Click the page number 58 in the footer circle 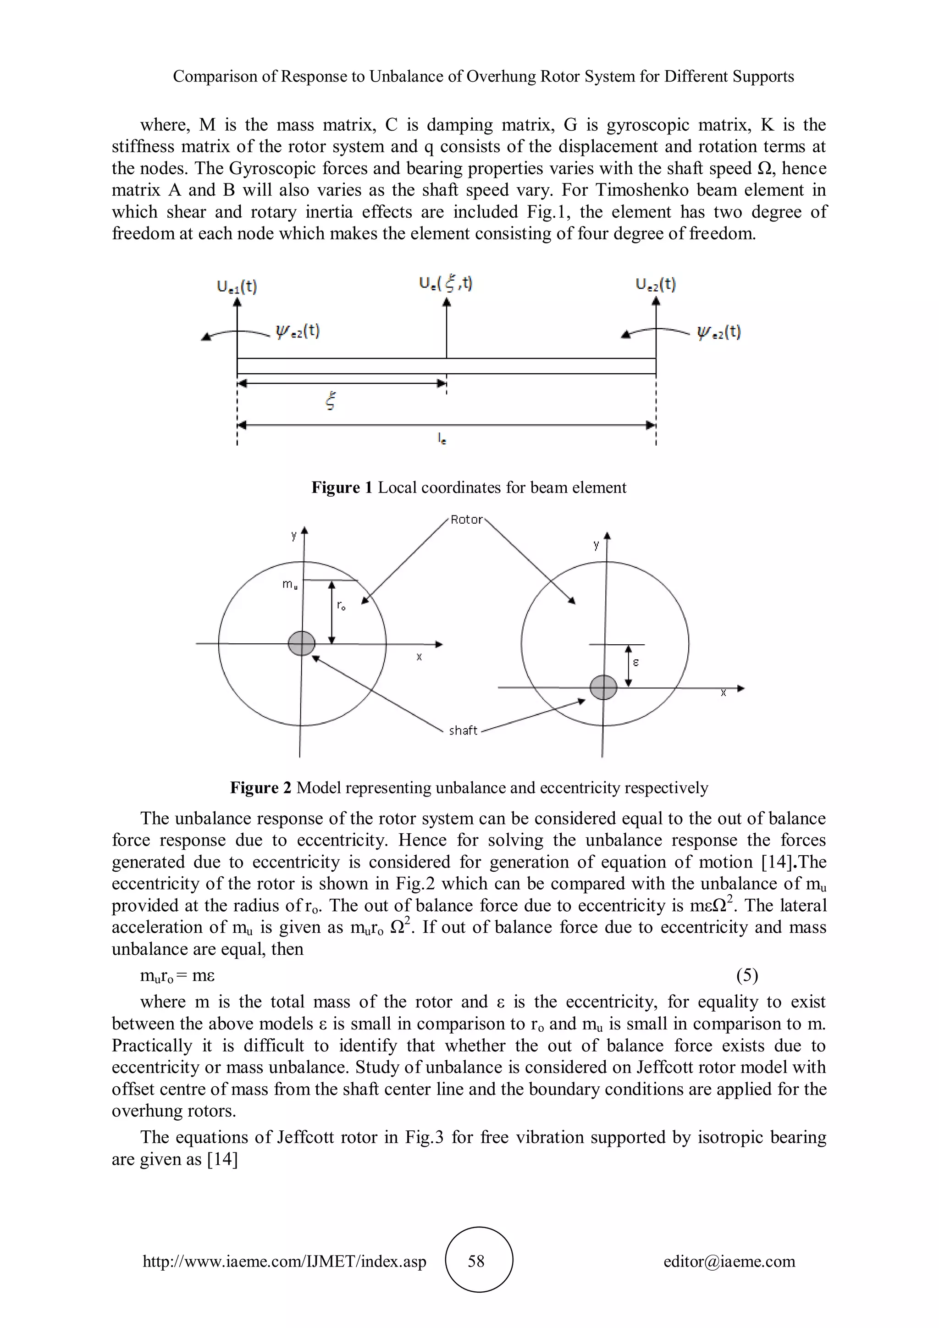[476, 1261]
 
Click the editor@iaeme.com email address [729, 1261]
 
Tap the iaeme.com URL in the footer [284, 1261]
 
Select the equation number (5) [746, 976]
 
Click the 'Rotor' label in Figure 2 [466, 520]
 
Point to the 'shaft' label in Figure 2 [463, 730]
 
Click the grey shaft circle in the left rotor [301, 643]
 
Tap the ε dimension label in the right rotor [635, 662]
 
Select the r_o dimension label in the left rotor [341, 606]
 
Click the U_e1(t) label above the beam [237, 286]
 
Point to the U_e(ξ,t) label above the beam [445, 283]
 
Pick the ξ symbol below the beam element [331, 401]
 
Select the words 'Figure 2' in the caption [260, 788]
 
